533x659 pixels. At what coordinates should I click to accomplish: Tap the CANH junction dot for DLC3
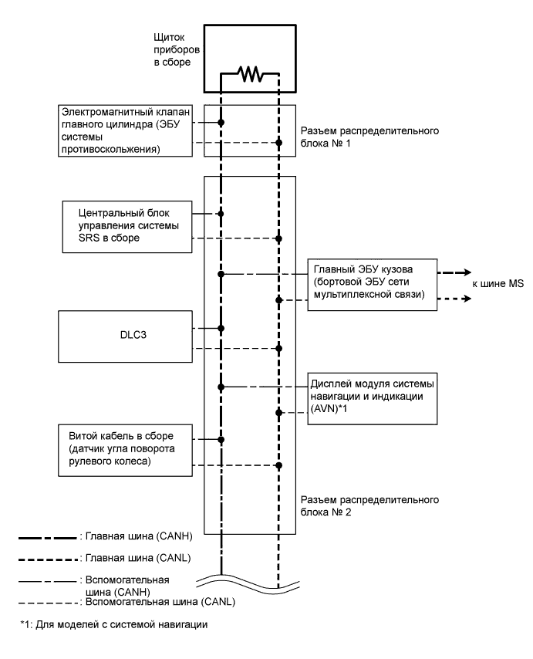click(221, 328)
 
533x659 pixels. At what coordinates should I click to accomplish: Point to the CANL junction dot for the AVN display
click(278, 412)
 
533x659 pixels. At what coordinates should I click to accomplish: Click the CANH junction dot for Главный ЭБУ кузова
click(221, 274)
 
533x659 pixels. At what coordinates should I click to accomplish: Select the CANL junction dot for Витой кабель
click(278, 465)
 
